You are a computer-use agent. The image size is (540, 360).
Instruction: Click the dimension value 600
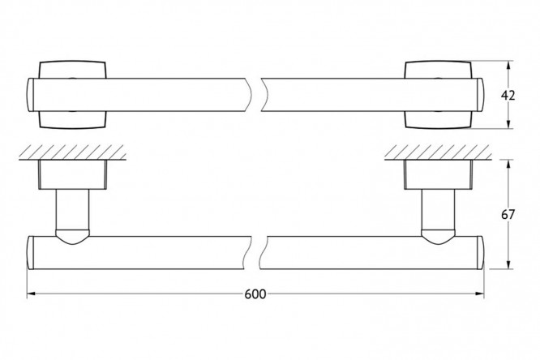(x=255, y=294)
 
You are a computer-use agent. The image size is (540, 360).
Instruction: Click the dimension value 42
(x=508, y=95)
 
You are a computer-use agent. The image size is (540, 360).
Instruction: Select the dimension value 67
(x=508, y=215)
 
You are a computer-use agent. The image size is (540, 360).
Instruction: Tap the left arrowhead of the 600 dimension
(x=32, y=294)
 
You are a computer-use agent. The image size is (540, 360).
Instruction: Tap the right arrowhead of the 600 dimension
(x=479, y=294)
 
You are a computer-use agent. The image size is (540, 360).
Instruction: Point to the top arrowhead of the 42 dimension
(x=508, y=66)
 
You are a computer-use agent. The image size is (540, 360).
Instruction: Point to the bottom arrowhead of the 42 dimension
(x=508, y=124)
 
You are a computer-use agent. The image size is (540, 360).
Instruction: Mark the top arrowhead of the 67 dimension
(x=508, y=165)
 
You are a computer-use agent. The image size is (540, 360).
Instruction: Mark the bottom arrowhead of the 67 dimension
(x=508, y=264)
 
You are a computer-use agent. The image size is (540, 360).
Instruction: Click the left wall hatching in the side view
(x=72, y=152)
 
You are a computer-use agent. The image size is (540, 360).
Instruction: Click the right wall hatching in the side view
(x=438, y=152)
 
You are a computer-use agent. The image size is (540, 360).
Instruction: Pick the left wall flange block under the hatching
(x=73, y=174)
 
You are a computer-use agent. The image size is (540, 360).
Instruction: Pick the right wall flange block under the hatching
(x=439, y=174)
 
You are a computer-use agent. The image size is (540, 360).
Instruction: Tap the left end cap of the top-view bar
(x=30, y=95)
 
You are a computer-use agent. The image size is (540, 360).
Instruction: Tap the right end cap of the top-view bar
(x=481, y=95)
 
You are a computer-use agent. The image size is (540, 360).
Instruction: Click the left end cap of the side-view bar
(x=30, y=252)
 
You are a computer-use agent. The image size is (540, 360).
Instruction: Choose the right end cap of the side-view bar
(x=481, y=252)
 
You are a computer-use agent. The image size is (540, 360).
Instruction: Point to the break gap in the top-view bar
(x=256, y=95)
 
